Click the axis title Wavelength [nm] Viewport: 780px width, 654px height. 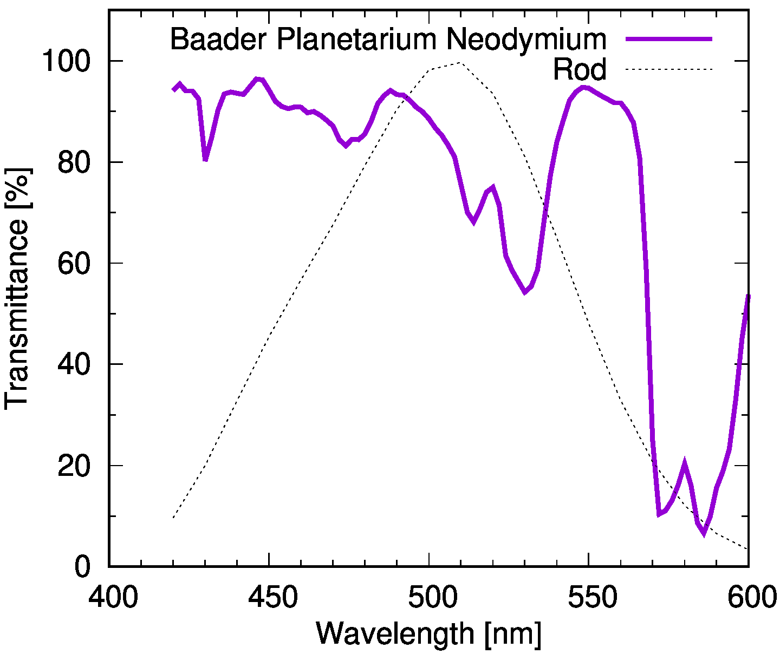pyautogui.click(x=428, y=632)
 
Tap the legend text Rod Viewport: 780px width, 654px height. pyautogui.click(x=579, y=70)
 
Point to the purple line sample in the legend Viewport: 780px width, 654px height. pyautogui.click(x=668, y=38)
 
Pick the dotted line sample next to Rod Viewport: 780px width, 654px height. pyautogui.click(x=668, y=69)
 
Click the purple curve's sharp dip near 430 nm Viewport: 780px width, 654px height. pyautogui.click(x=205, y=160)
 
